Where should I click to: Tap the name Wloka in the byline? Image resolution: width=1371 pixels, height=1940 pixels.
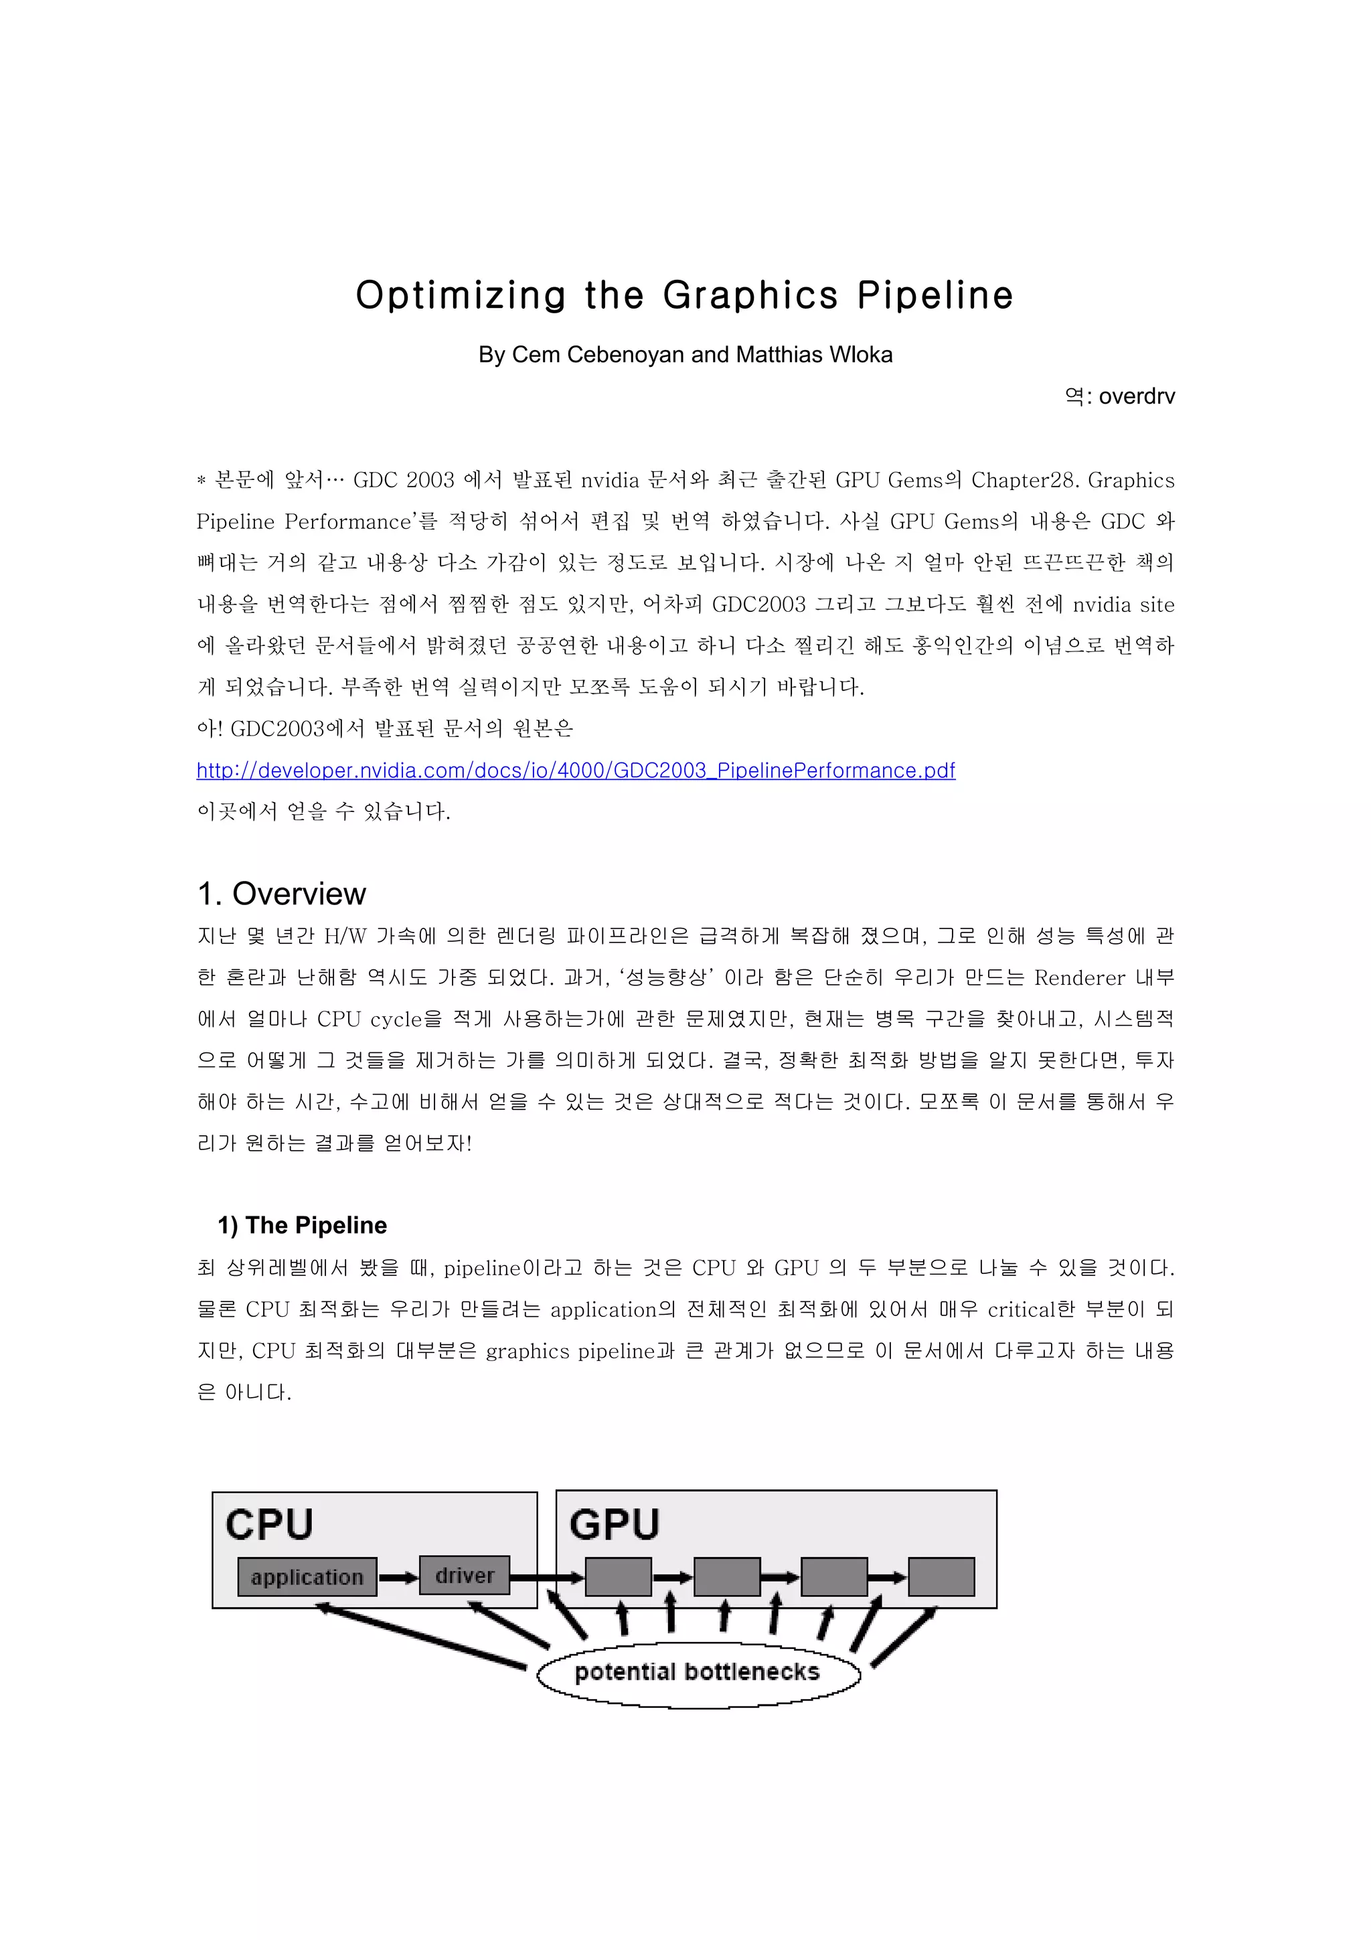pyautogui.click(x=861, y=355)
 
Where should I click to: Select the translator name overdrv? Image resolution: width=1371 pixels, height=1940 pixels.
pyautogui.click(x=1136, y=396)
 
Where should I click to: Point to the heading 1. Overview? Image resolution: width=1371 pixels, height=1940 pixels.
pyautogui.click(x=281, y=894)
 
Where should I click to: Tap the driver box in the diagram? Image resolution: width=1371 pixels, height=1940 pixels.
pyautogui.click(x=464, y=1575)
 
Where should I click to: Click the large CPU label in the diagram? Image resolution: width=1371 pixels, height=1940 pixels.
pyautogui.click(x=270, y=1525)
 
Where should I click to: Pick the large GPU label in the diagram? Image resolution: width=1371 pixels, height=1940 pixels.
pyautogui.click(x=614, y=1525)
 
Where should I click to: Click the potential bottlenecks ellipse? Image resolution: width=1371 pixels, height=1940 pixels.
pyautogui.click(x=698, y=1672)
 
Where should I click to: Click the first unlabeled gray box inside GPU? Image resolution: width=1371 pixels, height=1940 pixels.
pyautogui.click(x=619, y=1577)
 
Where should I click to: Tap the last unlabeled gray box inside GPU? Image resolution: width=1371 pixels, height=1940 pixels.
pyautogui.click(x=941, y=1577)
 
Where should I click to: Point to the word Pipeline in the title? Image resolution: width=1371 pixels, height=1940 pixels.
pyautogui.click(x=935, y=296)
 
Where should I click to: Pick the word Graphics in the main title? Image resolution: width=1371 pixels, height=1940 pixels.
pyautogui.click(x=750, y=296)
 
